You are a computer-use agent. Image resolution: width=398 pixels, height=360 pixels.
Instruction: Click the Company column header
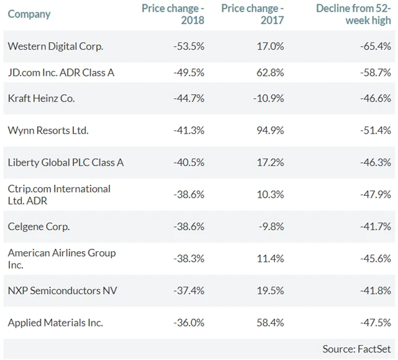[29, 14]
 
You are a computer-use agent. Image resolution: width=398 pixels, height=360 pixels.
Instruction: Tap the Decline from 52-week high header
[353, 14]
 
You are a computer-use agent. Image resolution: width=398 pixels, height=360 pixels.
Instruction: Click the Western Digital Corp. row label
[55, 46]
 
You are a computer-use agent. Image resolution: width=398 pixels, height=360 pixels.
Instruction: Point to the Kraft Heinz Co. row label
[41, 98]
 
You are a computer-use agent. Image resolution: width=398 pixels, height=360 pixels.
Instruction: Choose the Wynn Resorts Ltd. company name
[48, 131]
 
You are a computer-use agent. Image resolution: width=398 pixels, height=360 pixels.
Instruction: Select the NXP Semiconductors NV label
[62, 291]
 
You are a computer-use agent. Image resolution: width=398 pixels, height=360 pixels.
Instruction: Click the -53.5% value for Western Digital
[189, 46]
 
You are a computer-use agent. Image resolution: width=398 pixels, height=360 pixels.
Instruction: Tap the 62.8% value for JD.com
[271, 73]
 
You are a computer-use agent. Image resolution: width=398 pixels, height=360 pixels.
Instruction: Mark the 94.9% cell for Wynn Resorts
[271, 131]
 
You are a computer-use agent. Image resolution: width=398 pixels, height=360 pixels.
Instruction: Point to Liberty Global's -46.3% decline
[376, 162]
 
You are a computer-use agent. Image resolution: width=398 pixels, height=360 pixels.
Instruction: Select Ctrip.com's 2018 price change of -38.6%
[189, 195]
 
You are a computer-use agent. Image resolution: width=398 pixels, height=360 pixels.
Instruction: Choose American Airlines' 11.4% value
[272, 259]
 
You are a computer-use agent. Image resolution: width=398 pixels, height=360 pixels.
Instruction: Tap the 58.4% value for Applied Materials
[271, 323]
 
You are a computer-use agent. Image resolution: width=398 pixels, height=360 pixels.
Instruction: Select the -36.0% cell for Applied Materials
[189, 323]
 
